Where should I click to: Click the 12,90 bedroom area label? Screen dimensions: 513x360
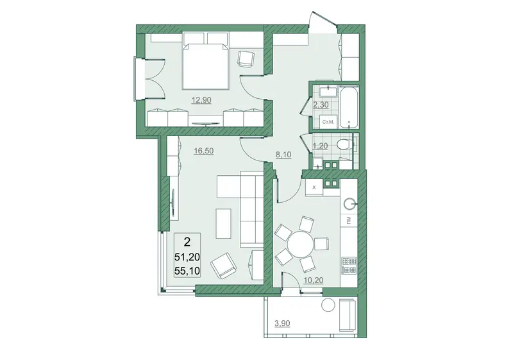click(201, 100)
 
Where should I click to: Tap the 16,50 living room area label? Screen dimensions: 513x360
click(203, 151)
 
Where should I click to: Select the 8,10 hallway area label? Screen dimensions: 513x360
click(283, 155)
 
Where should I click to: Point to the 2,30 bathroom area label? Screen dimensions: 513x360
click(321, 105)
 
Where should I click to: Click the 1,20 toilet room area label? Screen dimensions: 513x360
click(321, 146)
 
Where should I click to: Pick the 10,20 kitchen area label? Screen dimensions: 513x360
click(314, 280)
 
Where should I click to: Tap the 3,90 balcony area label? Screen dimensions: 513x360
click(282, 323)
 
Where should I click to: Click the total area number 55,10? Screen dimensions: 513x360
click(187, 271)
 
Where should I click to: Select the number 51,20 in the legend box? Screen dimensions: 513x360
click(187, 257)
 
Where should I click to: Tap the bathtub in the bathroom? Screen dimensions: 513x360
click(349, 107)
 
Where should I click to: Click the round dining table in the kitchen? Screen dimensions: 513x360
click(300, 244)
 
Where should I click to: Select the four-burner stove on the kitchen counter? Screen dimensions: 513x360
click(349, 265)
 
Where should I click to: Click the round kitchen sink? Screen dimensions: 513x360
click(350, 204)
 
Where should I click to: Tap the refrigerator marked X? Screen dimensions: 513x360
click(314, 187)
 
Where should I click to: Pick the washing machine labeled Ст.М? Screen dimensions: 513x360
click(328, 122)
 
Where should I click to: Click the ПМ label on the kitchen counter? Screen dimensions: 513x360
click(349, 221)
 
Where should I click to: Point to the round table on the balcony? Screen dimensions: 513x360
click(328, 305)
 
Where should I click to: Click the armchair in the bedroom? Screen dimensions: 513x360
click(246, 59)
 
